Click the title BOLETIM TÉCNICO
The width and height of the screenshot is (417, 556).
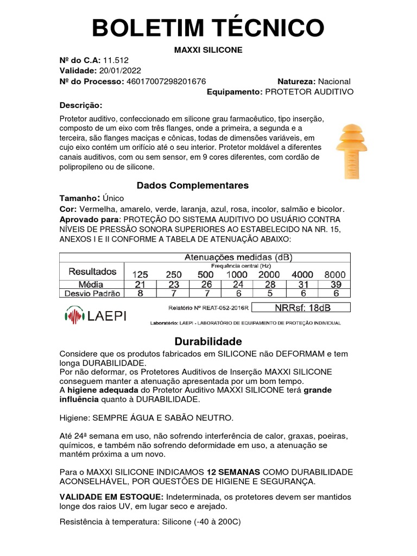pyautogui.click(x=208, y=27)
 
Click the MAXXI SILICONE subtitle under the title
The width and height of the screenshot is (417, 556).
pyautogui.click(x=208, y=50)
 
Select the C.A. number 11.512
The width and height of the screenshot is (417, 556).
pyautogui.click(x=116, y=60)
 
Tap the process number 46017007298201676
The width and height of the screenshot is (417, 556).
pyautogui.click(x=166, y=81)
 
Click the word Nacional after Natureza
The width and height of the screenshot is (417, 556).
pyautogui.click(x=334, y=81)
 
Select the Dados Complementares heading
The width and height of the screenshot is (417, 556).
pyautogui.click(x=193, y=186)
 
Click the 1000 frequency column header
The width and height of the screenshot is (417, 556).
pyautogui.click(x=236, y=274)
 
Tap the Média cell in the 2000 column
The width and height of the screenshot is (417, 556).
pyautogui.click(x=270, y=284)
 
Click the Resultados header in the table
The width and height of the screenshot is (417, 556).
pyautogui.click(x=92, y=271)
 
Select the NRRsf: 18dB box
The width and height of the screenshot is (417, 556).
pyautogui.click(x=302, y=308)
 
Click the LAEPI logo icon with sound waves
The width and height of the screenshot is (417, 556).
pyautogui.click(x=74, y=315)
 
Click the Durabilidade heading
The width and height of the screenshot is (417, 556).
pyautogui.click(x=208, y=342)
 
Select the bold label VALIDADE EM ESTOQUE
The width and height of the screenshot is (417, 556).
pyautogui.click(x=111, y=497)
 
